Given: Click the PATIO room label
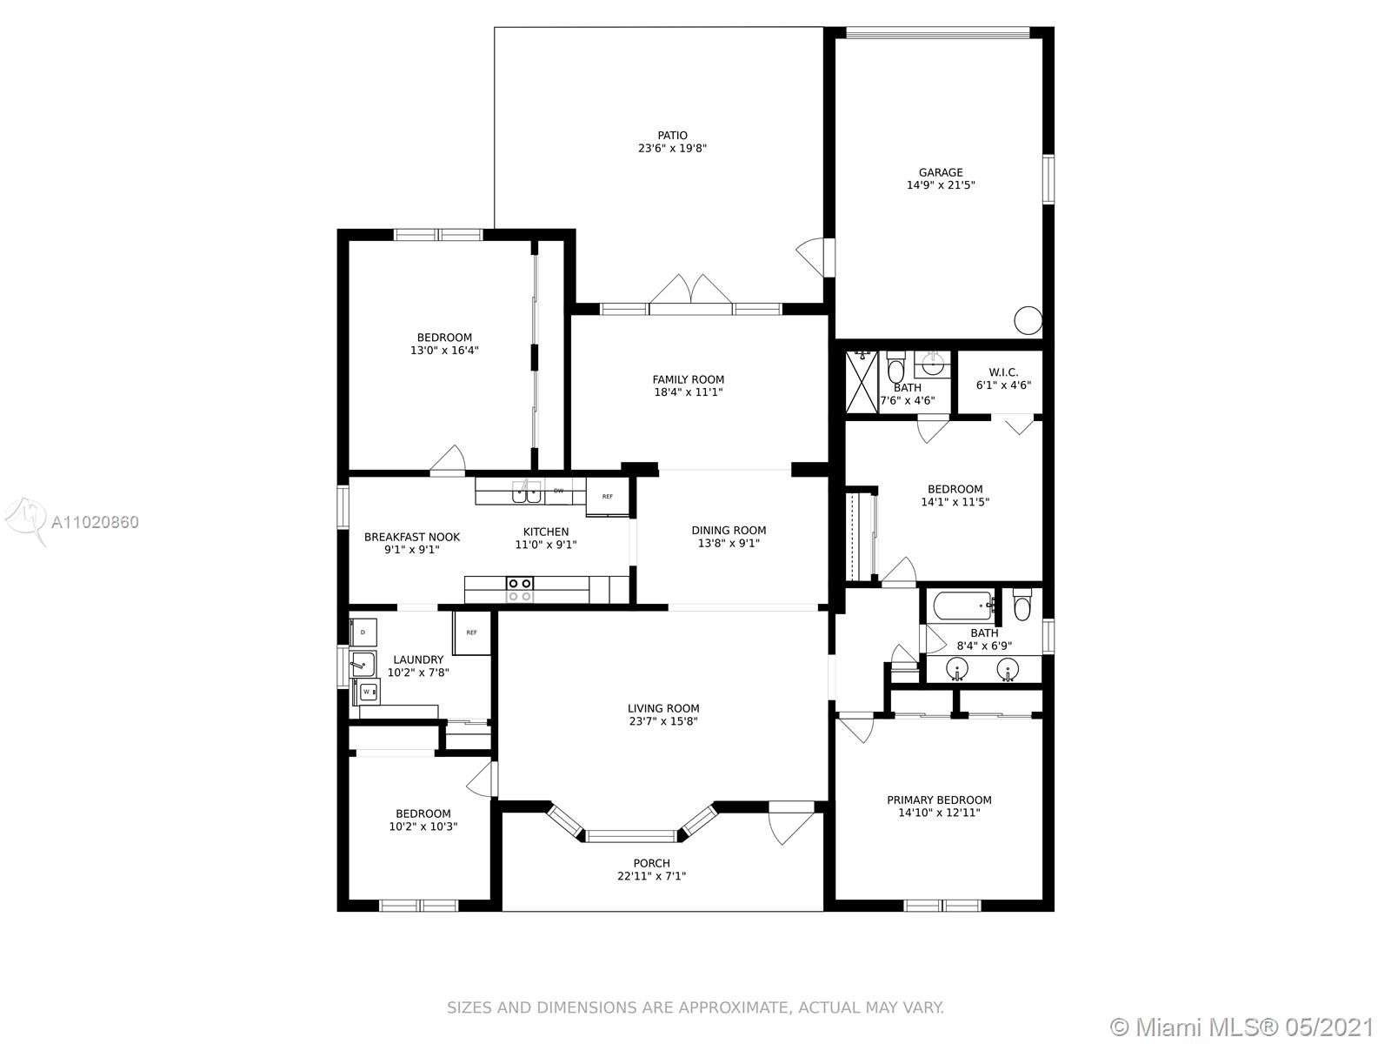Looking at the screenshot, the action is (672, 135).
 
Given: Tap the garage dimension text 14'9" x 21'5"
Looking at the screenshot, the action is (941, 185).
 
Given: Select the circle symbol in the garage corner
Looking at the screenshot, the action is (1028, 320).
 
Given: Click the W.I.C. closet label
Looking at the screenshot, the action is (1003, 372).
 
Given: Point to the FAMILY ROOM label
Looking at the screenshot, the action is (689, 379).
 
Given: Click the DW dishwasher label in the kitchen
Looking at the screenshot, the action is (558, 491).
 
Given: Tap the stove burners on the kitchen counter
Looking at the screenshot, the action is (519, 589).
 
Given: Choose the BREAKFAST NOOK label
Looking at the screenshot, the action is (412, 537).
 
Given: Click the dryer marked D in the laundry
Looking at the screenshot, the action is (363, 632).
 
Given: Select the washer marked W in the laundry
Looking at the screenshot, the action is (367, 692).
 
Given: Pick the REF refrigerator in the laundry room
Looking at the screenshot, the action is (471, 632).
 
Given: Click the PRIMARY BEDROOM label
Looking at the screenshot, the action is (939, 800).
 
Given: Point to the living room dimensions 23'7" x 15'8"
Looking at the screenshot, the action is (663, 720).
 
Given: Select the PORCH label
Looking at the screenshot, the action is (651, 863).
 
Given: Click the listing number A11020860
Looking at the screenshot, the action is (95, 522).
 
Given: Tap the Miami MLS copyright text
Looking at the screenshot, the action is (1242, 1027).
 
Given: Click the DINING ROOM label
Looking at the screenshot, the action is (729, 530).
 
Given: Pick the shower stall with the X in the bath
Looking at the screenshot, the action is (862, 383).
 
